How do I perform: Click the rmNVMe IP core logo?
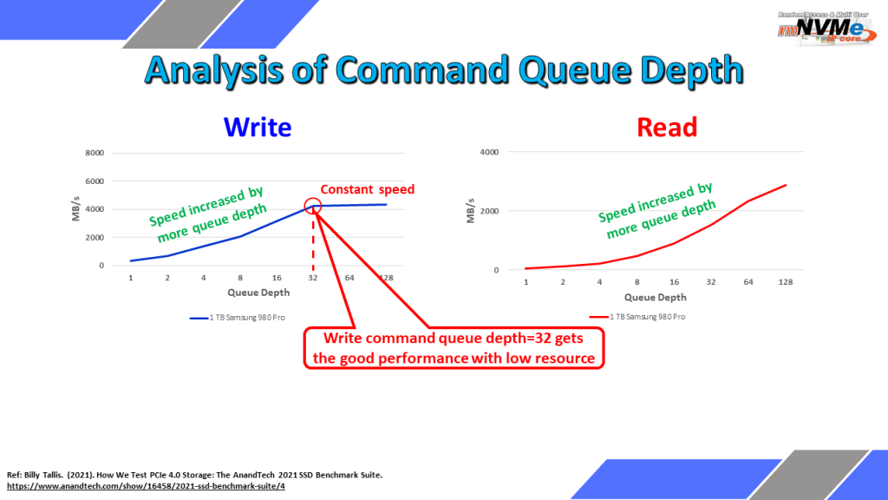coord(826,29)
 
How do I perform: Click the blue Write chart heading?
coord(258,127)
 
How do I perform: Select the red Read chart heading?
coord(667,127)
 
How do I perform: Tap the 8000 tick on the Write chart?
coord(95,153)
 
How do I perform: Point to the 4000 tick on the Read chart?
coord(489,152)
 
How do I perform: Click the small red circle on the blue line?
coord(312,206)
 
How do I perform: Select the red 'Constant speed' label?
coord(368,189)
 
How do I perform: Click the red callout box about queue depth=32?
coord(454,348)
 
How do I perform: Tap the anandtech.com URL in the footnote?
coord(146,486)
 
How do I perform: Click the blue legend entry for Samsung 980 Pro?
coord(238,318)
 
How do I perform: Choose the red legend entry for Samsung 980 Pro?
coord(637,317)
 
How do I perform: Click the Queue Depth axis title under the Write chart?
coord(258,293)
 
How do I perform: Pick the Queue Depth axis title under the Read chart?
coord(656,298)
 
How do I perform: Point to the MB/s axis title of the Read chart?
coord(471,211)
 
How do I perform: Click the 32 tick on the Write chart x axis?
coord(312,278)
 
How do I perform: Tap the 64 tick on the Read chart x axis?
coord(748,282)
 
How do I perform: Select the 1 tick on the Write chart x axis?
coord(131,278)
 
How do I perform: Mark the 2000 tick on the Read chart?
coord(489,211)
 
